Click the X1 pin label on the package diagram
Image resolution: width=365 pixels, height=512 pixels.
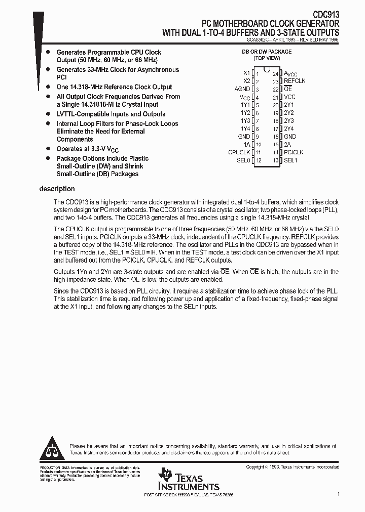coord(247,73)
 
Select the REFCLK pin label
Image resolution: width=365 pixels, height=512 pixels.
coord(295,81)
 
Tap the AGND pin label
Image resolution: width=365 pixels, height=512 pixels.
coord(243,89)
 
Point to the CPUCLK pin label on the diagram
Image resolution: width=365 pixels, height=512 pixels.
coord(239,152)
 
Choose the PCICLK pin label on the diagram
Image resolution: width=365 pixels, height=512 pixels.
coord(294,152)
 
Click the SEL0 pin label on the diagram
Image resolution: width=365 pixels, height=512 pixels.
coord(244,160)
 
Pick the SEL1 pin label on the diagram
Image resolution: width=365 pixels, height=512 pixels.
coord(290,160)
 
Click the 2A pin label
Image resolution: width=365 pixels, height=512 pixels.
coord(287,145)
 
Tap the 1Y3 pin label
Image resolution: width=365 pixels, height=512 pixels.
coord(245,121)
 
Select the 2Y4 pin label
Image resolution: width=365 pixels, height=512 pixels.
coord(289,129)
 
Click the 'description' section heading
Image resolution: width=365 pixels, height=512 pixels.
coord(57,189)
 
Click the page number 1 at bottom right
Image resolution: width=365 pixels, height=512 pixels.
coord(338,493)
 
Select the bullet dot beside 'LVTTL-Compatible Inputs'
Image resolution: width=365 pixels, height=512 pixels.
coord(48,114)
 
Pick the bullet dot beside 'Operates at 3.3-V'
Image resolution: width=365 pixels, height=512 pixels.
coord(48,149)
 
